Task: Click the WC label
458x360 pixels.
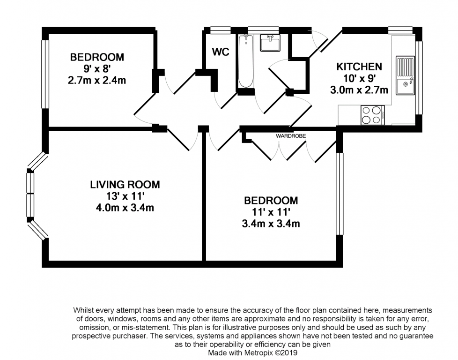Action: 221,52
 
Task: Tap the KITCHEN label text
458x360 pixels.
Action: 359,67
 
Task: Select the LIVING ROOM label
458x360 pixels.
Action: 125,185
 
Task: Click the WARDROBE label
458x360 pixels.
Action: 290,135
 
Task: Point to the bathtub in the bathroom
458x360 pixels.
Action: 245,61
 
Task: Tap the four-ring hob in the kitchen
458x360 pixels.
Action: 372,115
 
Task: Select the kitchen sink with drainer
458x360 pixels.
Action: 405,75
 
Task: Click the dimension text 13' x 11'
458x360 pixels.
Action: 125,196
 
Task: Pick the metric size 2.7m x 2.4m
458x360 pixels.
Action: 97,80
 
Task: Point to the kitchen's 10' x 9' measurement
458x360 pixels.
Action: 359,78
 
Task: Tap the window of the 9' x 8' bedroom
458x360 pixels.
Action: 45,74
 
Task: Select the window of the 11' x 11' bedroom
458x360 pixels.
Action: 340,193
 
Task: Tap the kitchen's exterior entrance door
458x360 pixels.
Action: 323,40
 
